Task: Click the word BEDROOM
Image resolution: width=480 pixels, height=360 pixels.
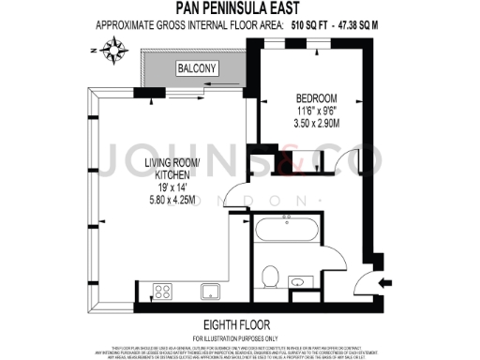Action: (316, 97)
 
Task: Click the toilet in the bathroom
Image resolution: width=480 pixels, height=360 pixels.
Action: (271, 276)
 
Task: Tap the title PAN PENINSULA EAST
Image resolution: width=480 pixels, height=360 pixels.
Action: (240, 11)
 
